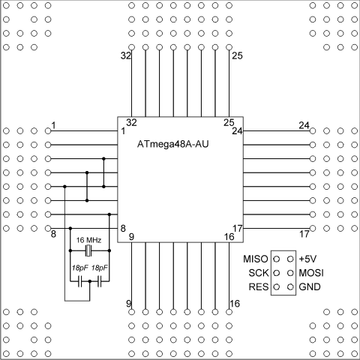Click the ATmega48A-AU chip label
coord(172,144)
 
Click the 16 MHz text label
coord(88,240)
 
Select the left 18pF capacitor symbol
coord(80,281)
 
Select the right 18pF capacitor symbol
coord(100,281)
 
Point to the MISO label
coord(256,259)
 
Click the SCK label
coord(259,273)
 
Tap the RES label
coord(259,287)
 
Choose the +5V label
coord(307,259)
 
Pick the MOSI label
coord(311,273)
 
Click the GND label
coord(310,287)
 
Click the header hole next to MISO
coord(277,259)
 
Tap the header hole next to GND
coord(290,287)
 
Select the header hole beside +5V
coord(290,259)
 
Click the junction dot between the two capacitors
coord(90,281)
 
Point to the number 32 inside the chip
coord(131,123)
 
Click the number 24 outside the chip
coord(304,125)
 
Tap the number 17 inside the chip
coord(238,228)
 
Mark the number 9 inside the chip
coord(131,237)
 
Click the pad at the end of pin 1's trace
coord(48,130)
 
